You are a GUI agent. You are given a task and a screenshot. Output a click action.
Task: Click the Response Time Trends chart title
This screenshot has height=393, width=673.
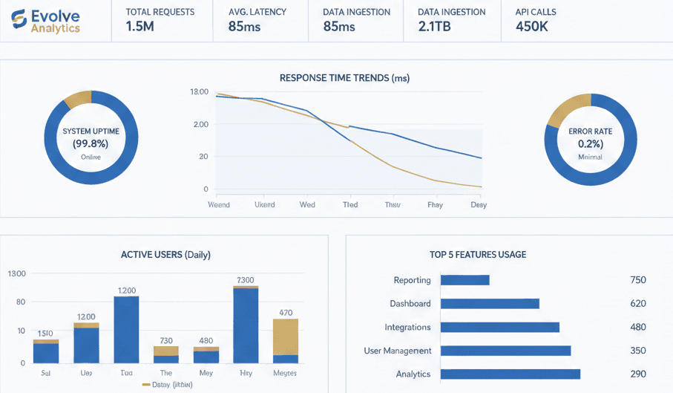[x=344, y=78]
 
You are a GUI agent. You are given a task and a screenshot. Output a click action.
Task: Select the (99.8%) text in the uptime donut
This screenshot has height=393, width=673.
[x=91, y=143]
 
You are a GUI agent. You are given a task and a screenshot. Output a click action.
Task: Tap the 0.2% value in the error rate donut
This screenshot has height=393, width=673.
[x=590, y=143]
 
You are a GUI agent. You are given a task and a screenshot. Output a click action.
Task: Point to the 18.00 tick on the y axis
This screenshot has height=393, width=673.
[x=200, y=92]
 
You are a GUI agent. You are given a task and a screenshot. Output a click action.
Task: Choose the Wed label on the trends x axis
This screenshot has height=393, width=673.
[x=307, y=204]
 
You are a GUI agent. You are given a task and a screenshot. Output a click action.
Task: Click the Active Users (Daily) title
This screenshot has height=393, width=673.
[x=165, y=255]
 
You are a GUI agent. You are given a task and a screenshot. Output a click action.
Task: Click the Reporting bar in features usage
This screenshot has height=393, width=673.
[x=465, y=280]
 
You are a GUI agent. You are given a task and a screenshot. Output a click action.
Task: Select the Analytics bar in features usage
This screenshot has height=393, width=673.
[x=511, y=374]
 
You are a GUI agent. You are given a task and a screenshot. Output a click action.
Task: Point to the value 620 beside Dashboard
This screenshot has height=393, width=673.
[x=637, y=304]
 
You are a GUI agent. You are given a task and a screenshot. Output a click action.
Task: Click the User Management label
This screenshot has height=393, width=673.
[x=397, y=351]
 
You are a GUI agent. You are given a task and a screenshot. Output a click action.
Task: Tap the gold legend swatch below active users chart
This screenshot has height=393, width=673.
[x=146, y=385]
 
